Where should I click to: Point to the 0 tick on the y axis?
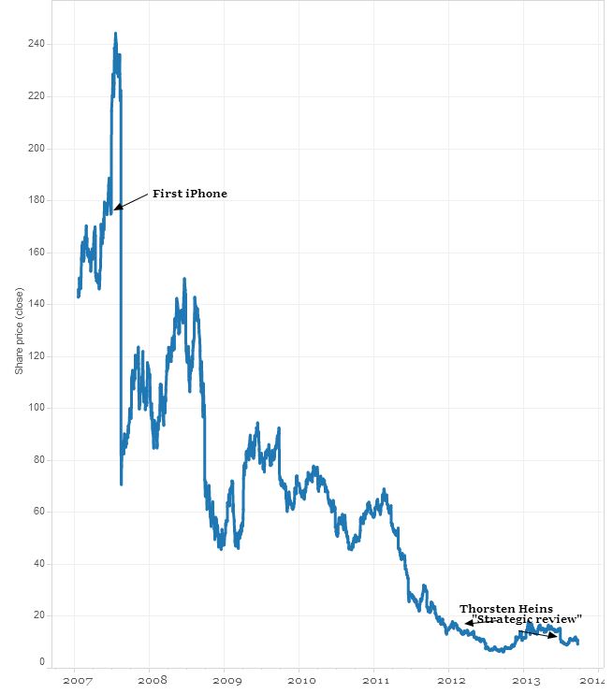41,662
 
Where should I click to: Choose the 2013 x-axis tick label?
527,681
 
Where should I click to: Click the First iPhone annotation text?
190,194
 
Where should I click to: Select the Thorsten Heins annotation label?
506,609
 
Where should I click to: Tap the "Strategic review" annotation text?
527,619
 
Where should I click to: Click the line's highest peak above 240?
115,34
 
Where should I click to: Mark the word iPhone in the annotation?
206,194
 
